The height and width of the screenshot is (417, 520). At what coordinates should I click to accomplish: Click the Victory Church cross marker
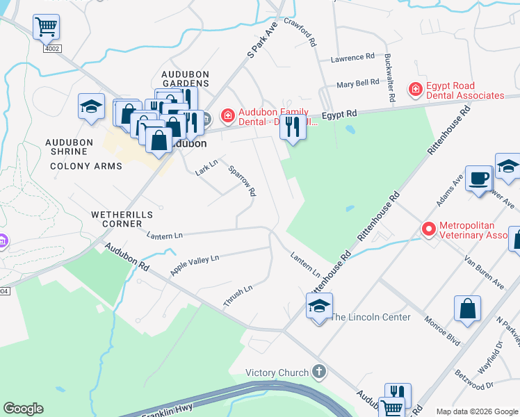[x=319, y=373]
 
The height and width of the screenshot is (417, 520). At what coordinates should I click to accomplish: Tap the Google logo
[x=23, y=409]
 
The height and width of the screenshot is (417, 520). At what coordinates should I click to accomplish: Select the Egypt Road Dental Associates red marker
[x=415, y=90]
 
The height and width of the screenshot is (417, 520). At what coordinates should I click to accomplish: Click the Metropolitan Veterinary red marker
[x=428, y=229]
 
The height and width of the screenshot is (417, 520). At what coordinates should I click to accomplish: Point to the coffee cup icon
[x=478, y=178]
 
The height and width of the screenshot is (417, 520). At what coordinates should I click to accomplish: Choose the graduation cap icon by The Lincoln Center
[x=319, y=306]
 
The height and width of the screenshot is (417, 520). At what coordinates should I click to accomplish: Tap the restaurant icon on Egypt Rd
[x=293, y=126]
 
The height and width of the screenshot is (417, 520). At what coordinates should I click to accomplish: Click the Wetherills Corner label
[x=122, y=215]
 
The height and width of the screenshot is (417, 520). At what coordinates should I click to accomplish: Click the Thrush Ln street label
[x=238, y=295]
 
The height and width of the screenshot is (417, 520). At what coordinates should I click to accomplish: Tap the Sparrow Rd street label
[x=243, y=181]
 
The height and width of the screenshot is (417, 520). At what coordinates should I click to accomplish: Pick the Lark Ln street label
[x=207, y=167]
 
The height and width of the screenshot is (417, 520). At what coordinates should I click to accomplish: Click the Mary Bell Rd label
[x=357, y=83]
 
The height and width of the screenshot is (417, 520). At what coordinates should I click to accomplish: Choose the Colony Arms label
[x=86, y=167]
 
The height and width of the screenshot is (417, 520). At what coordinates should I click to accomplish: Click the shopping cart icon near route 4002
[x=46, y=27]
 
